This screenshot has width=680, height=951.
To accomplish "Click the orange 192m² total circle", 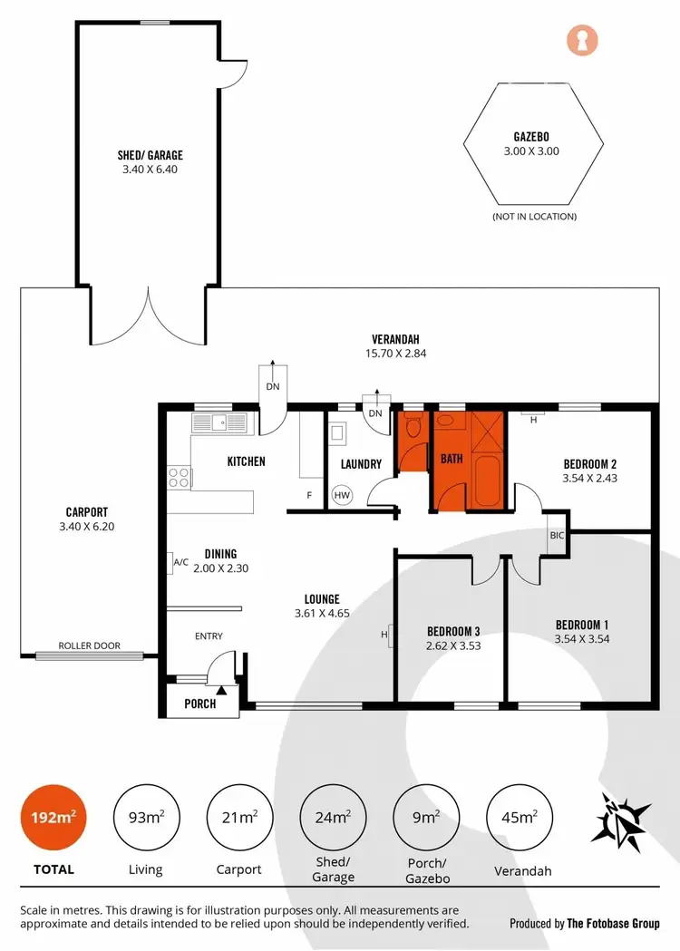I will click(x=50, y=817).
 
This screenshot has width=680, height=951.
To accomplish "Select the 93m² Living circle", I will click(x=145, y=817).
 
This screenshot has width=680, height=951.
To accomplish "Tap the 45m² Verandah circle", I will click(x=520, y=817).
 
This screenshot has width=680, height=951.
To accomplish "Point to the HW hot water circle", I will click(x=342, y=496).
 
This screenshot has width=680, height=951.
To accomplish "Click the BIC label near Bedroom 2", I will click(x=556, y=536).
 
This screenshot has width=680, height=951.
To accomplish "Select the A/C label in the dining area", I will click(x=180, y=563).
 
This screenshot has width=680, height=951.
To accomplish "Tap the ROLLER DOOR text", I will click(x=89, y=646).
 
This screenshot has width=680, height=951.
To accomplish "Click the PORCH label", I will click(x=199, y=703).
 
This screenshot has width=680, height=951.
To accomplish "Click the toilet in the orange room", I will click(x=413, y=428).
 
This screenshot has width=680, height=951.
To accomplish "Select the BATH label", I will click(x=452, y=459).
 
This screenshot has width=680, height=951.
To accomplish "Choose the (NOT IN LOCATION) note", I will click(x=533, y=217).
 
